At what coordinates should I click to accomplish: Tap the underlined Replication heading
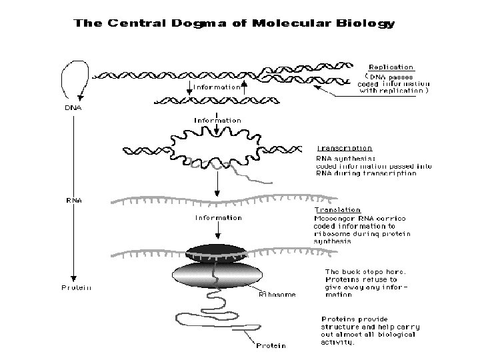click(x=391, y=67)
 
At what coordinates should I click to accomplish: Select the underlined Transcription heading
click(x=344, y=148)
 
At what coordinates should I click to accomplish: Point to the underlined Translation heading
click(x=338, y=209)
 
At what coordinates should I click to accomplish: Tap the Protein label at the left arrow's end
click(x=76, y=288)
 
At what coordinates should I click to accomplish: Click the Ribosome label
click(x=277, y=293)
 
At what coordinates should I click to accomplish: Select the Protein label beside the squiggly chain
click(x=271, y=345)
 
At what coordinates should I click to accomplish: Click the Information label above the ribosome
click(x=218, y=218)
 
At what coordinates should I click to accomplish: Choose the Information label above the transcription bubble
click(x=218, y=121)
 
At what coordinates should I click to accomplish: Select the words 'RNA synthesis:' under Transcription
click(x=341, y=159)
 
